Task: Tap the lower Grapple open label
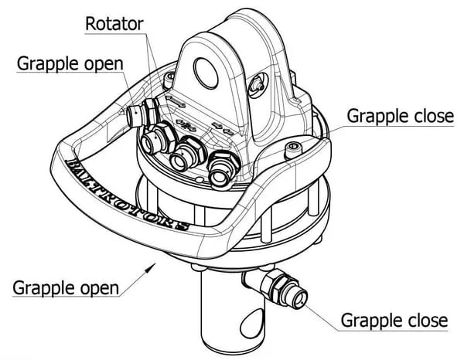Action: point(66,288)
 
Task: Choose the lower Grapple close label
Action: point(394,320)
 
